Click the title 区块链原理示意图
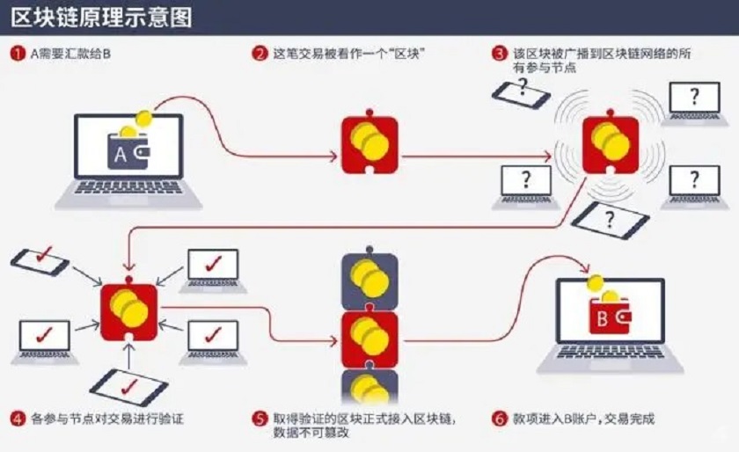tap(102, 17)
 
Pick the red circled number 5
tap(260, 419)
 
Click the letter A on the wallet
tap(121, 155)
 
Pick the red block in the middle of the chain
tap(369, 337)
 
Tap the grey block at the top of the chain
tap(369, 281)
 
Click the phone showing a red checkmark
tap(39, 261)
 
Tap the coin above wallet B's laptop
tap(596, 283)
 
